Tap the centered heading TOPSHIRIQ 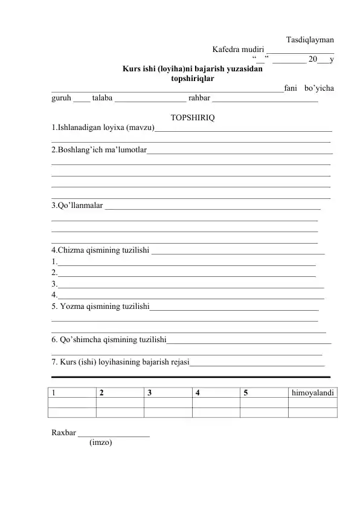[191, 117]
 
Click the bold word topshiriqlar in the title [192, 78]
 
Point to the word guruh [61, 99]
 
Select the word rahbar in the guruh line [199, 99]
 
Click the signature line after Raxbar [114, 435]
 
